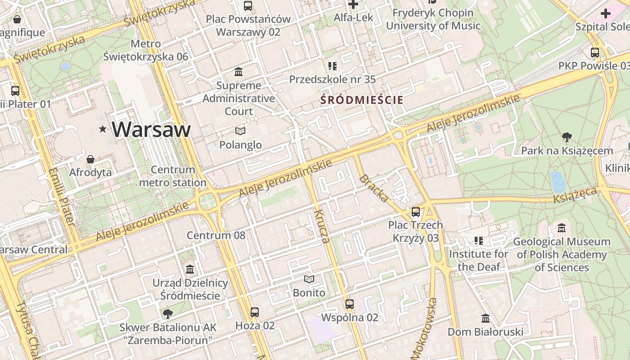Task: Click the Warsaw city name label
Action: click(x=151, y=130)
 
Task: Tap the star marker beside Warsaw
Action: click(x=103, y=130)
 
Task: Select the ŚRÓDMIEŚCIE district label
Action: click(x=362, y=100)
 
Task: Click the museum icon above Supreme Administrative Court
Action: click(x=238, y=72)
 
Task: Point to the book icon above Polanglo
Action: click(x=240, y=131)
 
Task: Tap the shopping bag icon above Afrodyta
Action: click(x=90, y=159)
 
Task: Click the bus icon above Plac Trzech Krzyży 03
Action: click(x=416, y=211)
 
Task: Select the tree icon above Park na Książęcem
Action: click(x=567, y=137)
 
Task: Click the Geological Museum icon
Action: click(x=561, y=228)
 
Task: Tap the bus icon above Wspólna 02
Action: click(x=350, y=304)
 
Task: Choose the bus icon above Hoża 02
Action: click(x=255, y=312)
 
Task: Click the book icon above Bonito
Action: click(x=309, y=279)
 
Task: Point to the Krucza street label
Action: click(x=323, y=226)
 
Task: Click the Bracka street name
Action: click(x=373, y=188)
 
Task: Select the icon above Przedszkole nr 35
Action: click(x=333, y=67)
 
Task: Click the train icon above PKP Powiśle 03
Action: click(x=595, y=53)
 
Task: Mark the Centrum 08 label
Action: click(x=216, y=235)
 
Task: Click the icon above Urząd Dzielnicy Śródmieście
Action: click(x=190, y=270)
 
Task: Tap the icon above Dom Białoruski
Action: click(x=485, y=319)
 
